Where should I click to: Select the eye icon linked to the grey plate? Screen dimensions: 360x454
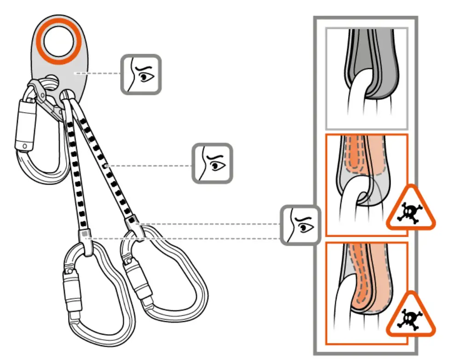point(141,74)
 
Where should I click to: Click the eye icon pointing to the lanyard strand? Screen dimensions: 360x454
point(212,163)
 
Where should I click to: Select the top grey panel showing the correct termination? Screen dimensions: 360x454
point(366,78)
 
